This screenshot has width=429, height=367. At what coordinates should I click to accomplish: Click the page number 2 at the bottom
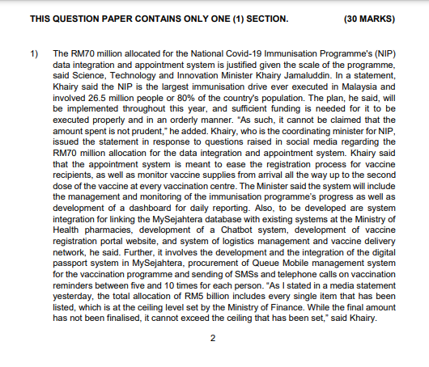point(213,337)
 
